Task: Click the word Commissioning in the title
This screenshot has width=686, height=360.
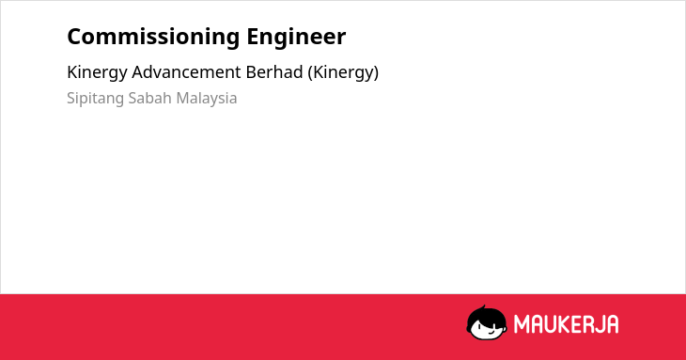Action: click(x=153, y=38)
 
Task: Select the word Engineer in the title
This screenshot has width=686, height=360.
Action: click(x=296, y=38)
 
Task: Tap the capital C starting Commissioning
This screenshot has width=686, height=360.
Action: click(x=75, y=36)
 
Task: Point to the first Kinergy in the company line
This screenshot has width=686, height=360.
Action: click(x=97, y=73)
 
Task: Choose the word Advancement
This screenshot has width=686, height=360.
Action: click(x=186, y=72)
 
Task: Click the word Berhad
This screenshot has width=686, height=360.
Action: click(x=274, y=72)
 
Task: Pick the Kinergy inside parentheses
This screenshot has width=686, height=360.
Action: click(x=343, y=73)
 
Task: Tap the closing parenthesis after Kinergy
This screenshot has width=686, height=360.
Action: click(x=376, y=73)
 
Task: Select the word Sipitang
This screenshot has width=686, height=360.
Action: click(x=95, y=99)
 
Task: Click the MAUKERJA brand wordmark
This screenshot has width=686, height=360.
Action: click(x=566, y=324)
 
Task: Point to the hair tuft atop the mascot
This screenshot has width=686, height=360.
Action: click(x=483, y=307)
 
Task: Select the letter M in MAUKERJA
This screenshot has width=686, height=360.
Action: click(x=521, y=324)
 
